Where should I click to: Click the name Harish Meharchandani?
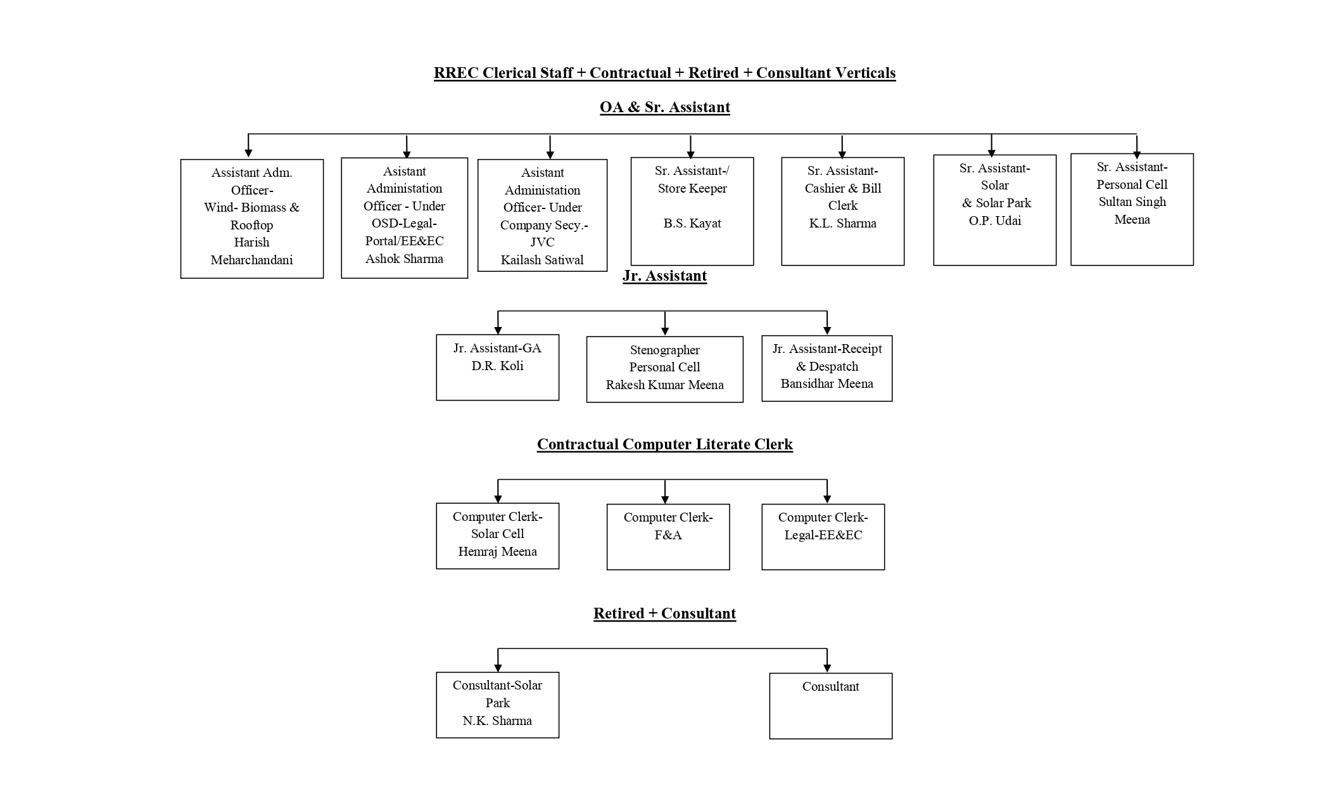[x=251, y=251]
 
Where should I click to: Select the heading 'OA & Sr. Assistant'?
[x=664, y=107]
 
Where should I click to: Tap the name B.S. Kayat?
[x=692, y=223]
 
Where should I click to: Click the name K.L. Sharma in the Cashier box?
[x=842, y=223]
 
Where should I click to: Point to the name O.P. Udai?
[x=994, y=221]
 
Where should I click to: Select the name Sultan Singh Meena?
[x=1132, y=210]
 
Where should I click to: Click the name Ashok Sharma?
[x=404, y=259]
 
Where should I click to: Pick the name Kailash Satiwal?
[x=542, y=260]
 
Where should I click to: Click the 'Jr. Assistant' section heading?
[x=664, y=276]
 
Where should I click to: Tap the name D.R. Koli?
[x=497, y=366]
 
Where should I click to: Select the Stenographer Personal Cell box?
[x=664, y=369]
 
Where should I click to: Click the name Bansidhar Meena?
[x=826, y=383]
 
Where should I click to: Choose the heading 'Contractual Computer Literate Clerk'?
[x=664, y=444]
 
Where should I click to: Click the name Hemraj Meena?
[x=497, y=551]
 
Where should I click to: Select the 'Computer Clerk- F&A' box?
[x=668, y=536]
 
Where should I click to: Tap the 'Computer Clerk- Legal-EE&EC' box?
[x=823, y=536]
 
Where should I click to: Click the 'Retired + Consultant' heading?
[x=664, y=613]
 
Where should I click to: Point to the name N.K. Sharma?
[x=497, y=721]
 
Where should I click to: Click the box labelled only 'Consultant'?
[x=830, y=705]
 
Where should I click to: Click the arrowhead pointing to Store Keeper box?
[x=690, y=154]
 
